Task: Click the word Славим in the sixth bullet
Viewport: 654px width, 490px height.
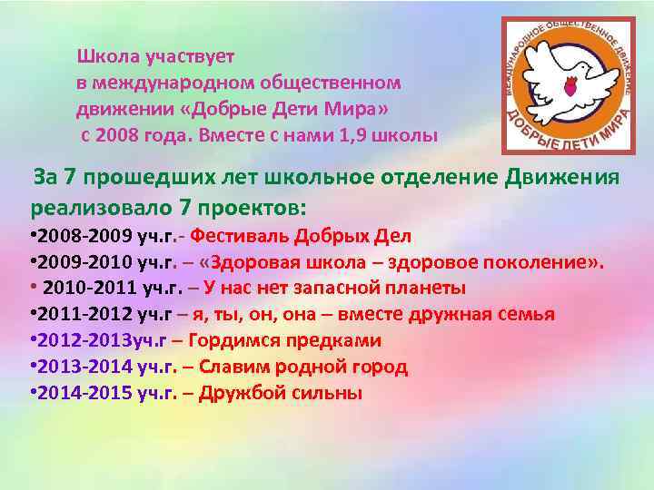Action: click(x=233, y=367)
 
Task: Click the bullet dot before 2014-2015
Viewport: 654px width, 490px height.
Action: click(x=33, y=394)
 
